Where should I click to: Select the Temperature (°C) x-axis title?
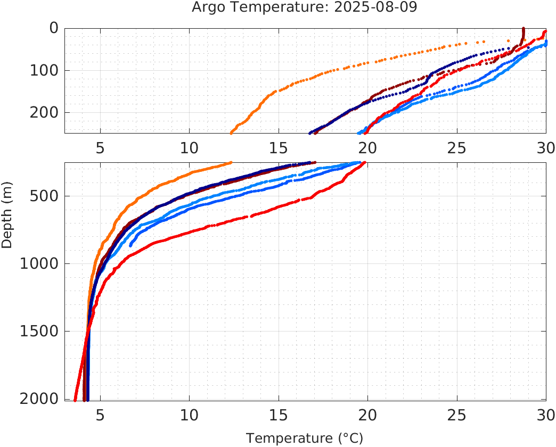(x=305, y=438)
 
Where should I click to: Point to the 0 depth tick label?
(x=53, y=28)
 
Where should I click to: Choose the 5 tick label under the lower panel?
(x=100, y=415)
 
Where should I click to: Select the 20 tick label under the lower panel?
(x=367, y=415)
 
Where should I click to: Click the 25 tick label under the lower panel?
(x=457, y=415)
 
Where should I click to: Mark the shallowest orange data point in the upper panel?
(x=484, y=41)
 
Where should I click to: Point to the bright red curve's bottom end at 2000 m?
(x=75, y=400)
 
